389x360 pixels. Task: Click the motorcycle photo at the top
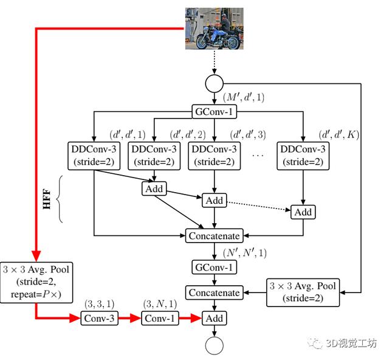point(214,29)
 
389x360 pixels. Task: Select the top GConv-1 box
point(214,112)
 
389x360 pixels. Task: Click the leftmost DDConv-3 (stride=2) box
point(94,156)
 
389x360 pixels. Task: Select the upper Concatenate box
point(214,235)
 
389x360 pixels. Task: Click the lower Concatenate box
point(214,292)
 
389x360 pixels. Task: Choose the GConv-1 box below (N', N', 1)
point(214,266)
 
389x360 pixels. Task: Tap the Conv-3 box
point(98,318)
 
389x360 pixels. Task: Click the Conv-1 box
point(159,318)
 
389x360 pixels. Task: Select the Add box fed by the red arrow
point(214,318)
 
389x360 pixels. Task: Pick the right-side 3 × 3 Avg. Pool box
point(301,292)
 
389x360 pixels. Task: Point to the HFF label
point(46,199)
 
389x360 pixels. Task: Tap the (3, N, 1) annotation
point(159,303)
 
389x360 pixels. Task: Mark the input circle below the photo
point(214,83)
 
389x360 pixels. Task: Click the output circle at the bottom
point(214,345)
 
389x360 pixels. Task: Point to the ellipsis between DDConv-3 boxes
point(258,156)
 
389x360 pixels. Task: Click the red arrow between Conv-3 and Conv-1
point(129,318)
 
